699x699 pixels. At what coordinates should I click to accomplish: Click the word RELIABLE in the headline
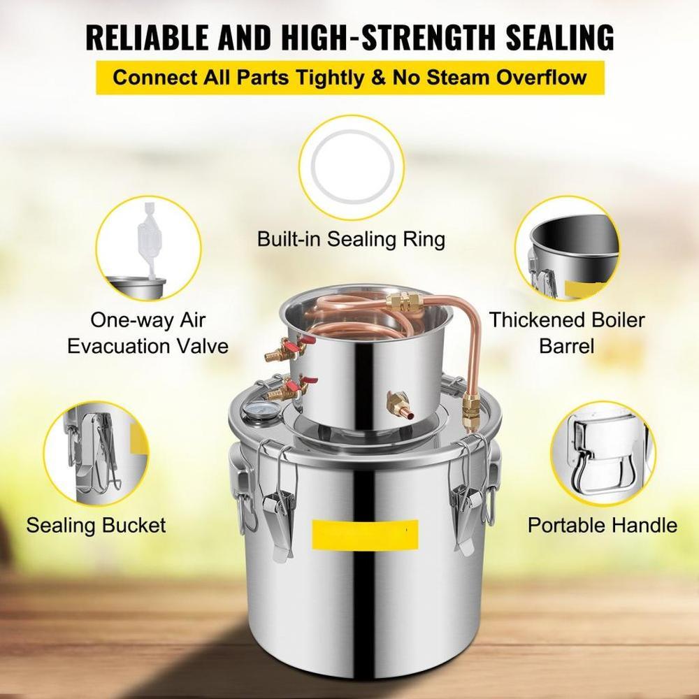(x=147, y=37)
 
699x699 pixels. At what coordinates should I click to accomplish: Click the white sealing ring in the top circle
(x=352, y=167)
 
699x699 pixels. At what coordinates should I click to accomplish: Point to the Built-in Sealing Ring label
(x=352, y=239)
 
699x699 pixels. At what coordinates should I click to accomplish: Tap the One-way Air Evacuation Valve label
(x=148, y=333)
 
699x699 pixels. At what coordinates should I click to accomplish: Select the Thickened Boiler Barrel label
(x=567, y=333)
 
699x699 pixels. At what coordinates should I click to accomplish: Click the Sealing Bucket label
(x=96, y=525)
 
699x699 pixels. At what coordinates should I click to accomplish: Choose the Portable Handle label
(x=603, y=525)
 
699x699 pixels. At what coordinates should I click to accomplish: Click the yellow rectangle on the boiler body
(x=365, y=534)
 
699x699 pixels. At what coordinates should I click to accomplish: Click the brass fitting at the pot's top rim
(x=403, y=302)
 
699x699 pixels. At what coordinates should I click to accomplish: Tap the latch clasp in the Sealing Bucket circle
(x=96, y=451)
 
